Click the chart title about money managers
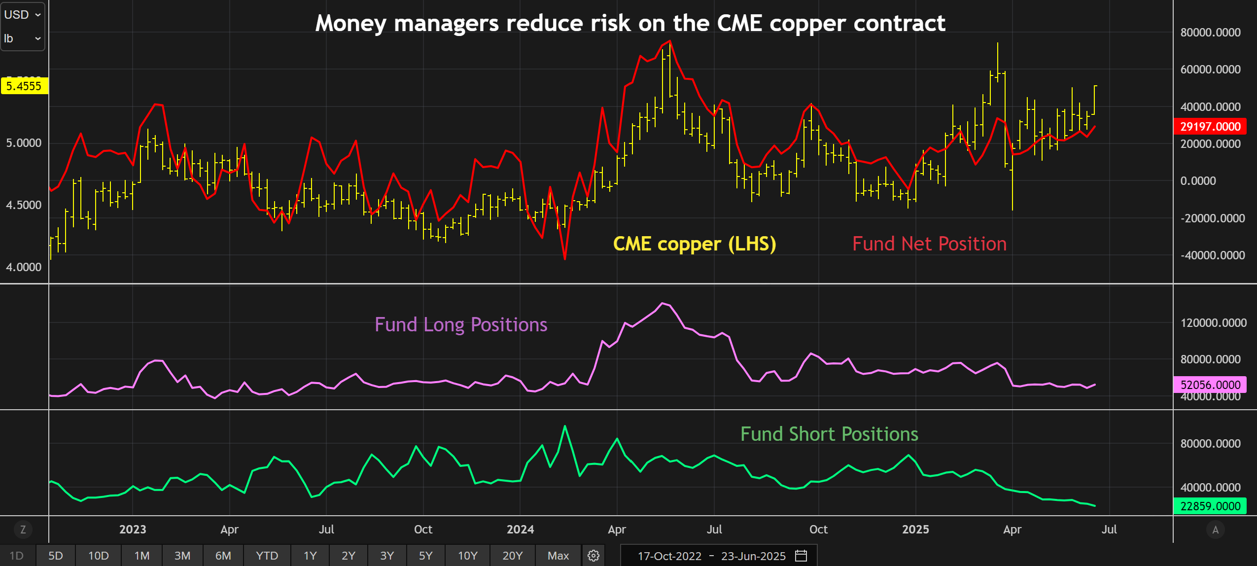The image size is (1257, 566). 630,23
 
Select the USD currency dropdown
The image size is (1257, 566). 23,15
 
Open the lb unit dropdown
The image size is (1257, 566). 23,38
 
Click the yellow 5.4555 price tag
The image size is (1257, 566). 24,86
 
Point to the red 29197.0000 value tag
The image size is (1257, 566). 1210,127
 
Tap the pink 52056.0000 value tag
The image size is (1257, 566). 1210,385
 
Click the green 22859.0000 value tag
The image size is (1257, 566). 1210,506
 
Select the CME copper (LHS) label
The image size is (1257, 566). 694,244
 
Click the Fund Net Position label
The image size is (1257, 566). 929,244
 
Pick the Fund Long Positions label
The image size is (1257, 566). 461,325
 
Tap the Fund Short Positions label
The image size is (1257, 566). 829,434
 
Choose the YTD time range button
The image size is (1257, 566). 267,556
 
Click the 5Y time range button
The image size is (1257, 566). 425,556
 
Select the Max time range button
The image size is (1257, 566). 558,556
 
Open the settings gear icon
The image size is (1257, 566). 594,556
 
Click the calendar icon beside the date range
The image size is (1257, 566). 801,556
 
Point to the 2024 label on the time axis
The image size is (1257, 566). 520,530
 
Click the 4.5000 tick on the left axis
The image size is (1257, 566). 24,205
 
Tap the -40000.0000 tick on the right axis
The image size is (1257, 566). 1212,255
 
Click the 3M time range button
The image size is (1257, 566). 182,556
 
